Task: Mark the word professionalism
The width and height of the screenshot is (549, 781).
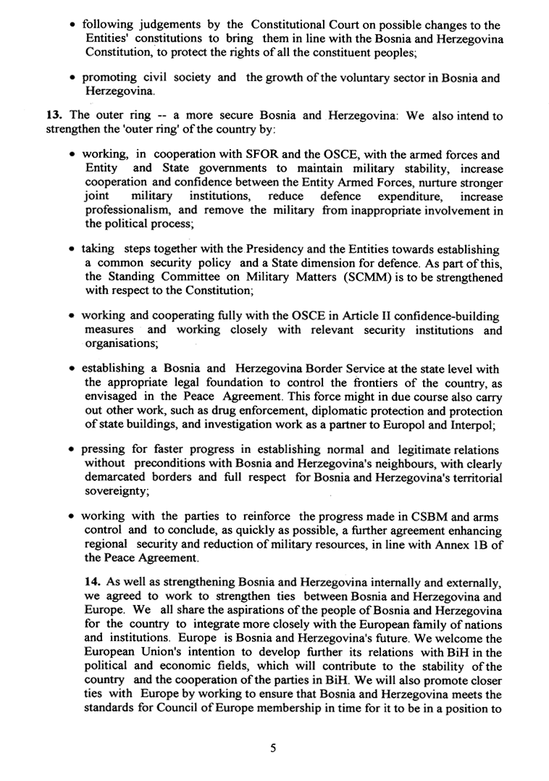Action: point(127,210)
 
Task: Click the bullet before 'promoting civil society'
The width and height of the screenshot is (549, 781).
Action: point(75,79)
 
